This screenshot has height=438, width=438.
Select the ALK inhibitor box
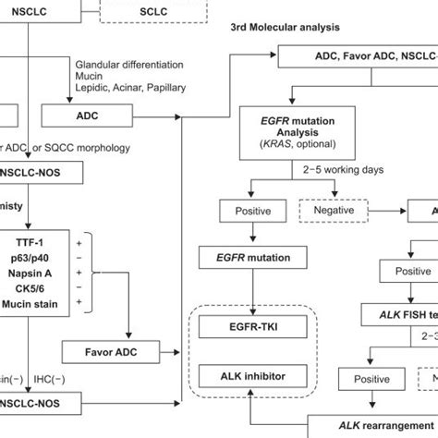[251, 374]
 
